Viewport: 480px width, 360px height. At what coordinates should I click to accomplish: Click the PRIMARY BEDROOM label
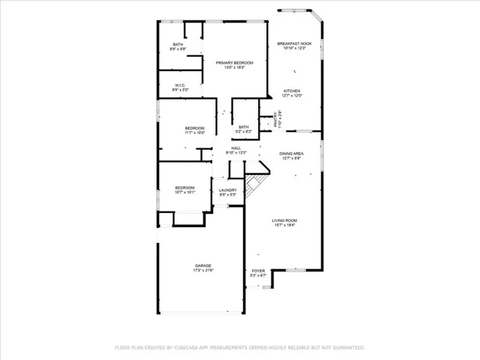[235, 62]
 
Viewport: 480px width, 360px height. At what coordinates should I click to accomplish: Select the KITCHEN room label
[292, 91]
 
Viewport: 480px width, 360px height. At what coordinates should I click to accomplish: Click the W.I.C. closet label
[180, 85]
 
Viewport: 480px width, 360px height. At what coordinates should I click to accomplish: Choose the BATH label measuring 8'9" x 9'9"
[178, 44]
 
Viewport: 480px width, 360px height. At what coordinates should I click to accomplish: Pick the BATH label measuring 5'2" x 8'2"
[244, 127]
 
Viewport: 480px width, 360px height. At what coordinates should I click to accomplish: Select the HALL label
[236, 148]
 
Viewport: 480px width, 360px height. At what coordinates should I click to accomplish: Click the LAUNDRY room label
[228, 190]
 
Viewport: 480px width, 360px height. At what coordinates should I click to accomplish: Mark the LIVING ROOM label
[284, 220]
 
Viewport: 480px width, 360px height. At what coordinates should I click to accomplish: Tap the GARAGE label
[203, 265]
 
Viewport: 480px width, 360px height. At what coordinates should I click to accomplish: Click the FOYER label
[258, 271]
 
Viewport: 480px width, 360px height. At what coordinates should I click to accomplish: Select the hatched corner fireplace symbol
[255, 183]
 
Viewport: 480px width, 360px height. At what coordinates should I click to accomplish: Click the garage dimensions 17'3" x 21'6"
[203, 270]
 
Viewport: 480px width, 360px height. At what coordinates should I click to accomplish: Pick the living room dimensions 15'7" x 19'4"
[284, 225]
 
